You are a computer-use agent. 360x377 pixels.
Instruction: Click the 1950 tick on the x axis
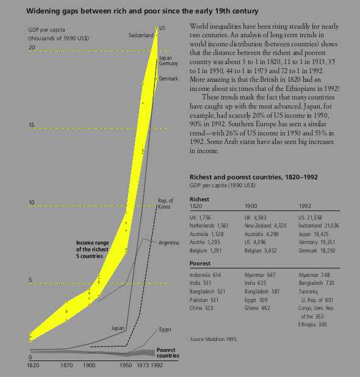(x=126, y=365)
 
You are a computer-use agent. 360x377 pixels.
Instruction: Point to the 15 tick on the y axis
(x=32, y=125)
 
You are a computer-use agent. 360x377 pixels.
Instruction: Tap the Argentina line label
(x=168, y=243)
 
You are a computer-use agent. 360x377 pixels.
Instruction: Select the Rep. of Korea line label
(x=165, y=204)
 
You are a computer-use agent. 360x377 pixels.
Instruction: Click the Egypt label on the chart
(x=165, y=329)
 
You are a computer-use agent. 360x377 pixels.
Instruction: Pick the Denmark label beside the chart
(x=168, y=79)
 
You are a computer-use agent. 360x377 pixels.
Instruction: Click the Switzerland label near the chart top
(x=141, y=35)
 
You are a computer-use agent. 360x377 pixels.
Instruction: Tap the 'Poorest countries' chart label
(x=168, y=353)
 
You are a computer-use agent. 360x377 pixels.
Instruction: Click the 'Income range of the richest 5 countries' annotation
(x=93, y=250)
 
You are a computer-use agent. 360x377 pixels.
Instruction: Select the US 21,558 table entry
(x=310, y=218)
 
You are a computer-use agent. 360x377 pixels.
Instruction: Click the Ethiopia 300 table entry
(x=312, y=325)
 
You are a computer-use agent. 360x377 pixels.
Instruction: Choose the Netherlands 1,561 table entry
(x=209, y=226)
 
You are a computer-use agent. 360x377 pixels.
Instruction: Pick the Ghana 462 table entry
(x=257, y=308)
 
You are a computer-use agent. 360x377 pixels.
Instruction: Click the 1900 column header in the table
(x=251, y=206)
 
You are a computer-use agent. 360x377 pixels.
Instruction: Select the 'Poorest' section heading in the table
(x=200, y=264)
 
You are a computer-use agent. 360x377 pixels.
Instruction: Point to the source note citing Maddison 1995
(x=214, y=339)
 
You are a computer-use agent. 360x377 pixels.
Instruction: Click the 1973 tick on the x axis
(x=143, y=365)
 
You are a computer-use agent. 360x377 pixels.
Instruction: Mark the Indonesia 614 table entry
(x=205, y=275)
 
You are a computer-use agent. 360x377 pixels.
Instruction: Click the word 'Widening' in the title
(x=40, y=12)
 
